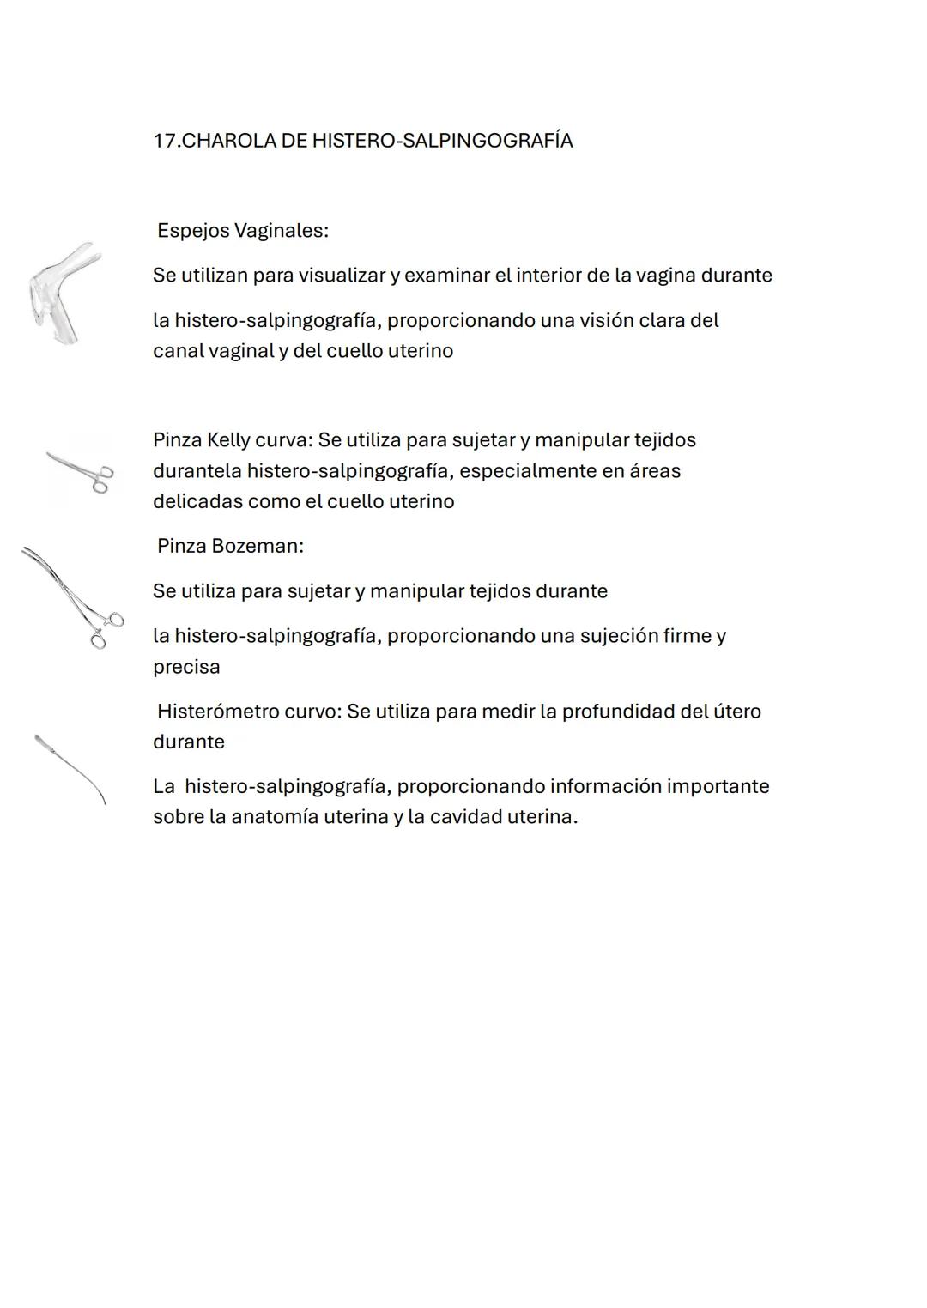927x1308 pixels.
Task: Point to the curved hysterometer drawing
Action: tap(70, 769)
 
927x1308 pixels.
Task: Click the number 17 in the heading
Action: tap(164, 141)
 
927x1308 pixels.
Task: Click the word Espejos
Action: tap(193, 231)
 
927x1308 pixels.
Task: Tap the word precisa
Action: tap(186, 667)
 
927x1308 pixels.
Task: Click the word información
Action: tap(604, 786)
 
